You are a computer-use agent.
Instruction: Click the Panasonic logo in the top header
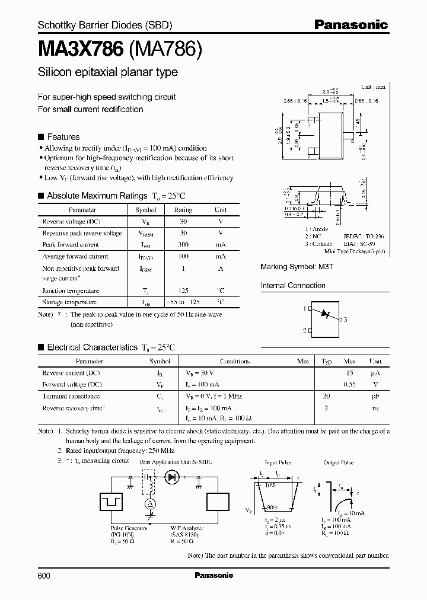coord(350,25)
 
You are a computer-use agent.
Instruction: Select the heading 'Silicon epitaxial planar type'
coord(107,72)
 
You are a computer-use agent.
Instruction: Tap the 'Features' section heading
coord(63,136)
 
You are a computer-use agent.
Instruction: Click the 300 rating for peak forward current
coord(183,244)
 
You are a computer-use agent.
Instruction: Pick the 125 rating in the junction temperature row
coord(183,291)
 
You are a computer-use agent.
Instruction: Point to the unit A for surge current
coord(221,269)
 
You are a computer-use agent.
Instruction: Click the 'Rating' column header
coord(183,210)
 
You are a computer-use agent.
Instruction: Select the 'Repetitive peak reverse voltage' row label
coord(82,233)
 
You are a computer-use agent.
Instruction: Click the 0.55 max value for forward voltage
coord(349,384)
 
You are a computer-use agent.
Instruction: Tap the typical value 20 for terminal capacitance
coord(326,395)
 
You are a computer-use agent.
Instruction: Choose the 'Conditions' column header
coord(235,361)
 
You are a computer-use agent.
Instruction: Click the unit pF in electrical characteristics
coord(375,395)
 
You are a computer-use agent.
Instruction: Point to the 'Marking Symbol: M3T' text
coord(289,267)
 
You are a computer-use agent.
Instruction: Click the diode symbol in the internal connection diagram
coord(324,314)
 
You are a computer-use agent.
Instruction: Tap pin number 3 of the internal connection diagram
coord(345,320)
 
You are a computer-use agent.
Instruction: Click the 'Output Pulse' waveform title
coord(339,462)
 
